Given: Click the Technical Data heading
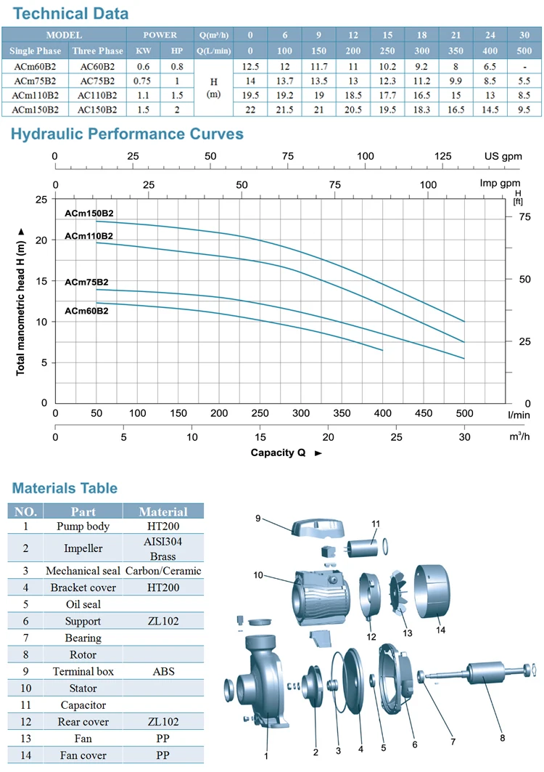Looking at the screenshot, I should [x=71, y=13].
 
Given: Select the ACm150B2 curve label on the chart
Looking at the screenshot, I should [x=88, y=213].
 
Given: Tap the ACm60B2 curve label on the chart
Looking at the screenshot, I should [x=86, y=311].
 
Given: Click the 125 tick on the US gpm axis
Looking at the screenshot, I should [x=443, y=157].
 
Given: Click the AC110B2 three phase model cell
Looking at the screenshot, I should [x=97, y=95].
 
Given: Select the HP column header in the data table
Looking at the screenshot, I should [x=177, y=51].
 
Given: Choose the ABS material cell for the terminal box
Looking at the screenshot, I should [x=163, y=671].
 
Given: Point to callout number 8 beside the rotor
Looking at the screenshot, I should [x=502, y=738].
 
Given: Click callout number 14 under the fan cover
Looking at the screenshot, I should [x=441, y=630].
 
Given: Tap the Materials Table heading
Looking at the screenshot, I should [x=65, y=488].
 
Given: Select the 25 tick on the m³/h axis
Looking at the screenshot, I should [x=396, y=437].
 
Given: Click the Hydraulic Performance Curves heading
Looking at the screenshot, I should [x=127, y=134].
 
